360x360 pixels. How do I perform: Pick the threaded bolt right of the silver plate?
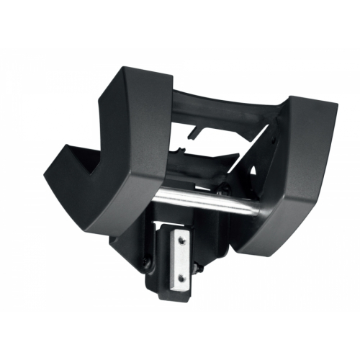pyautogui.click(x=199, y=268)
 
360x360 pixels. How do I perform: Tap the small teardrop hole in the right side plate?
pyautogui.click(x=253, y=170)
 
